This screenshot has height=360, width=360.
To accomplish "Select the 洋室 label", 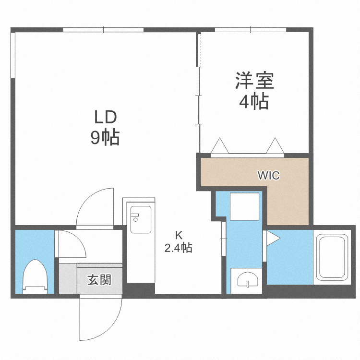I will click(254, 81).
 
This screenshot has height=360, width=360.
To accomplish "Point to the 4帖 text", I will click(254, 102).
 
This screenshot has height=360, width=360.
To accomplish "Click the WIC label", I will click(268, 176).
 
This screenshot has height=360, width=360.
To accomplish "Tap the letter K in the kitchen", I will click(179, 236).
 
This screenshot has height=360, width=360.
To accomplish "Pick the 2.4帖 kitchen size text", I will click(179, 248).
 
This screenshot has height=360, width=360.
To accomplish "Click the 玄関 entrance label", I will click(99, 280).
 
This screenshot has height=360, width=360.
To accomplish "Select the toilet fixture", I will click(36, 276).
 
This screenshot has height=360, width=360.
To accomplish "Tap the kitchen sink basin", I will click(141, 219).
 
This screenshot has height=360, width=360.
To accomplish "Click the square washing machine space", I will click(245, 206).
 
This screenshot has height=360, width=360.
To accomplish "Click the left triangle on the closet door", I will click(219, 145).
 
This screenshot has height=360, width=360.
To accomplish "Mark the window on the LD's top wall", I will click(103, 30).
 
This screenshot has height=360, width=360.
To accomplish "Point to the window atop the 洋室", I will click(251, 30).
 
